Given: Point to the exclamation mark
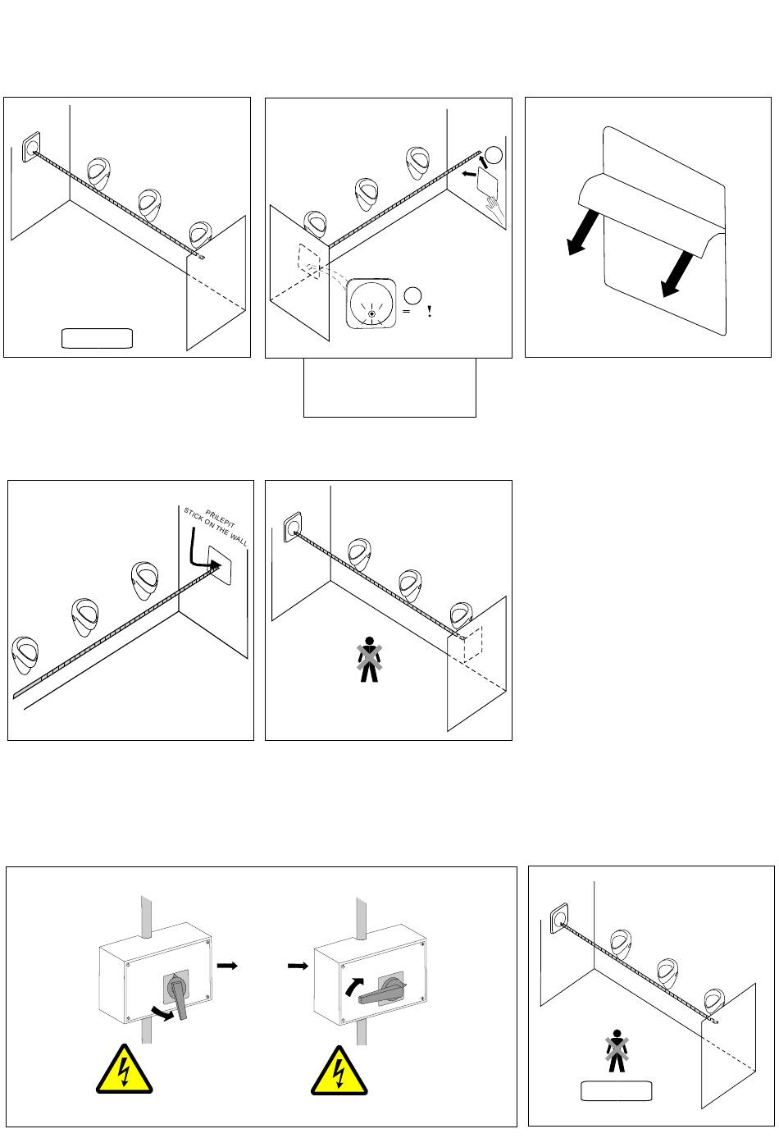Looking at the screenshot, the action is pyautogui.click(x=430, y=312).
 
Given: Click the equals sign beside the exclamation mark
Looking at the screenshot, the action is pyautogui.click(x=407, y=312).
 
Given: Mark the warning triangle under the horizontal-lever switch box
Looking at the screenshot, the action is pyautogui.click(x=339, y=1071).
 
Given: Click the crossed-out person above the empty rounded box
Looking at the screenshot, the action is pyautogui.click(x=616, y=1053).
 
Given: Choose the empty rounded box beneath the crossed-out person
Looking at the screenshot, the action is pyautogui.click(x=616, y=1090).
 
